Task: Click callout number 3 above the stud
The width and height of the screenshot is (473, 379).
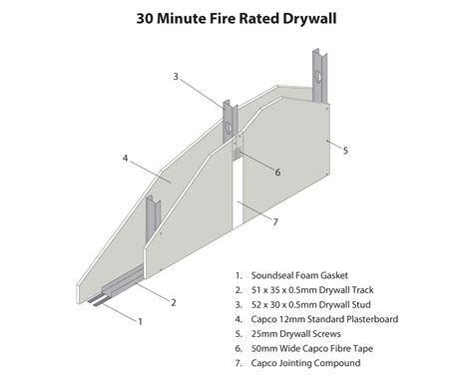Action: [175, 77]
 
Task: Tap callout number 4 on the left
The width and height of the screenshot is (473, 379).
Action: [126, 158]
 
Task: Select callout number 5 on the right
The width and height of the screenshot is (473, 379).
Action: [345, 151]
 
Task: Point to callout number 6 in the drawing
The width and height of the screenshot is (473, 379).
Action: [277, 172]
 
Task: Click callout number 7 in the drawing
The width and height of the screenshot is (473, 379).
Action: [274, 222]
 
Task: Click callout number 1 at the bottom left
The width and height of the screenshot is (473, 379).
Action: [140, 321]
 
